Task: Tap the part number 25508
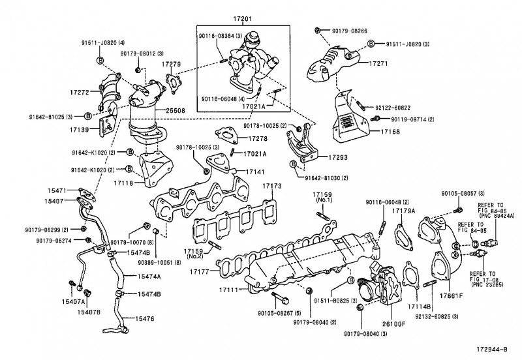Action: tap(175, 110)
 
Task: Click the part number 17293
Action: tap(338, 157)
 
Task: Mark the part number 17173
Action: tap(272, 187)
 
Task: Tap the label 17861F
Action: tap(450, 295)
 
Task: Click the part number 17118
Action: tap(123, 185)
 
